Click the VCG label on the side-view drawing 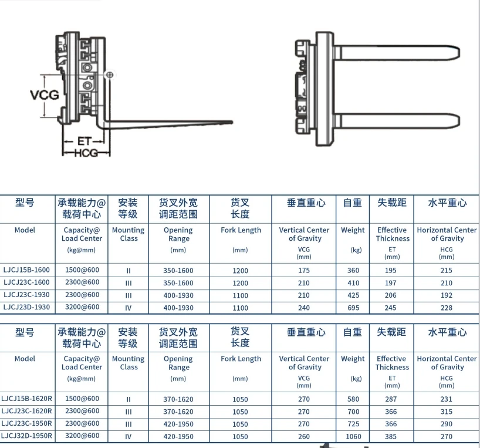pos(44,93)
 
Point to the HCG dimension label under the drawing pos(86,153)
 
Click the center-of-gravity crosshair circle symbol pos(109,75)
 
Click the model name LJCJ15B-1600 pos(26,270)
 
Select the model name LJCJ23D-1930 pos(26,307)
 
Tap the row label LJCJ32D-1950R pos(27,436)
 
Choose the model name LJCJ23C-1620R pos(27,411)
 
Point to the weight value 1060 pos(353,436)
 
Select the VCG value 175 pos(304,271)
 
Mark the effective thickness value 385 pos(391,436)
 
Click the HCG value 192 pos(447,295)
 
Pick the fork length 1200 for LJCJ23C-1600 pos(240,283)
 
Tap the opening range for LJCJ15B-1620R pos(178,399)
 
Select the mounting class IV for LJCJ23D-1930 pos(128,308)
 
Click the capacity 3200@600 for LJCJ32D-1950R pos(82,436)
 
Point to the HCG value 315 pos(447,412)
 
